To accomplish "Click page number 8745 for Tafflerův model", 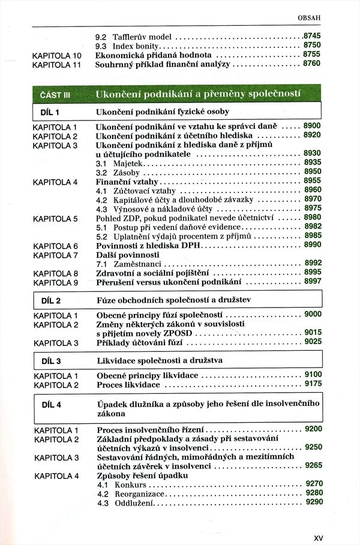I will pos(313,35).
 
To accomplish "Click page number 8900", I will pos(313,126).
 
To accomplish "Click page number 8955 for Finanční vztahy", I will pos(313,180).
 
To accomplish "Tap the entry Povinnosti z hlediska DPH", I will pos(150,246).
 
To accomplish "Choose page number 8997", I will pos(313,281).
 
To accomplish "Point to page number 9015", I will pos(313,332).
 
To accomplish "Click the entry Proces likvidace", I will pos(128,384).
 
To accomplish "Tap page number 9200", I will pos(313,429).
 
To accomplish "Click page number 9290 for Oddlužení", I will pos(313,502).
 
